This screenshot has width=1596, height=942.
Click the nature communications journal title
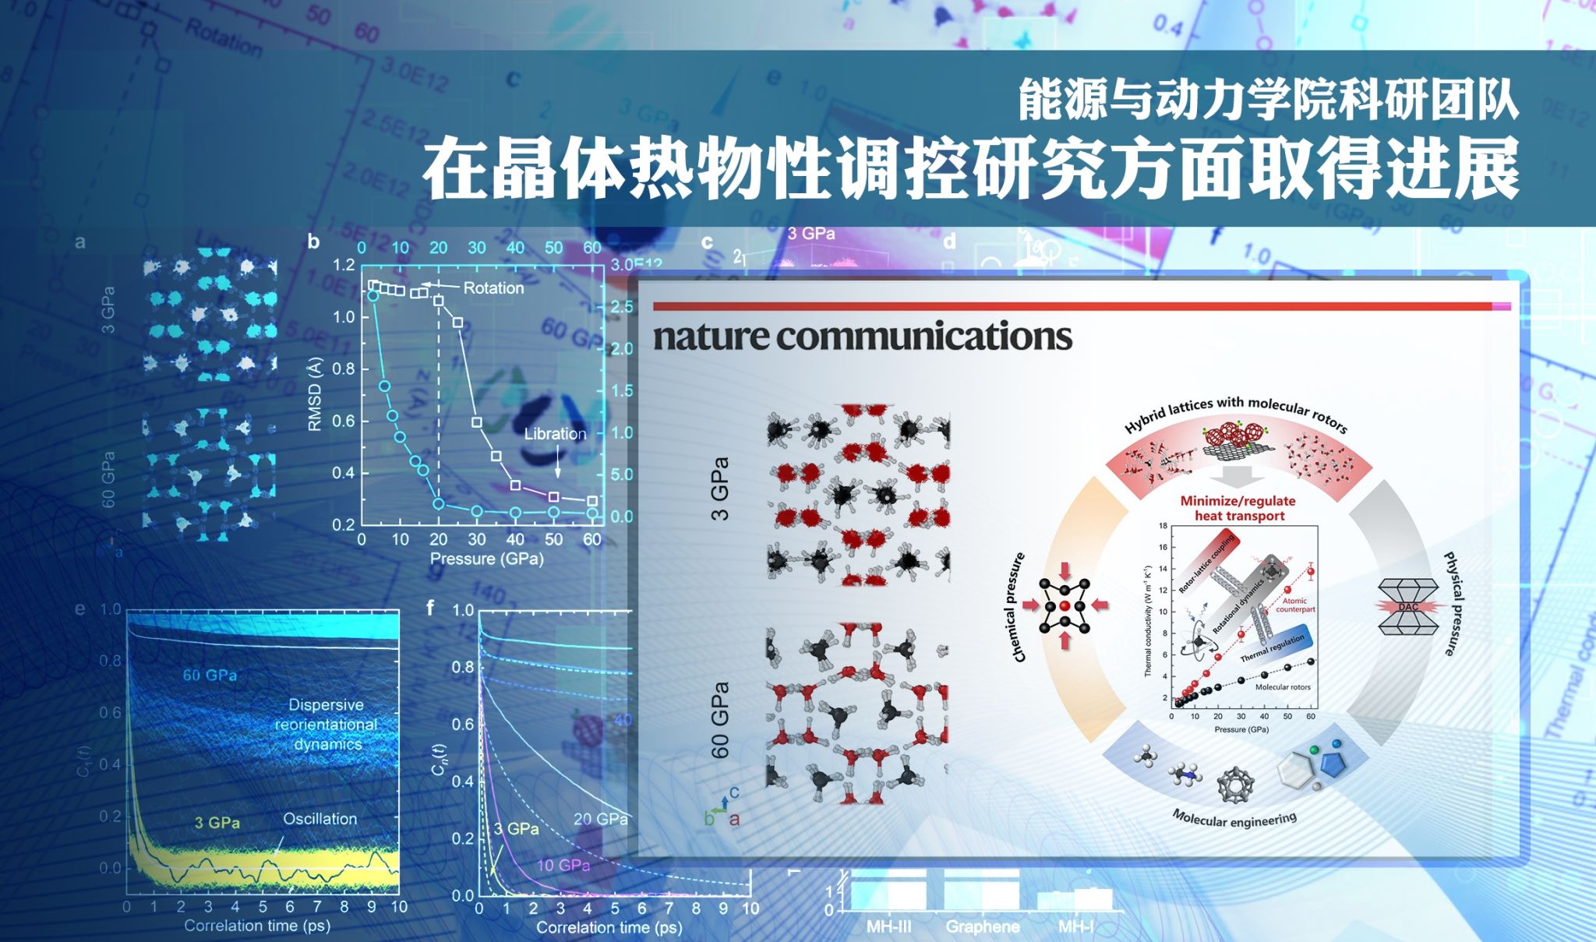[862, 337]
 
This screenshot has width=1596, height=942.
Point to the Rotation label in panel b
[493, 288]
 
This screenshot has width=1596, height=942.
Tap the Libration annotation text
[554, 434]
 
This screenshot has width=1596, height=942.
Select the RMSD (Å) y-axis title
[315, 394]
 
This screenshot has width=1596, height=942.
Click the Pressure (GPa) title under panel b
[486, 559]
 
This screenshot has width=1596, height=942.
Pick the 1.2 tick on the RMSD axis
[344, 266]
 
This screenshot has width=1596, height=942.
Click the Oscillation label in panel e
[320, 819]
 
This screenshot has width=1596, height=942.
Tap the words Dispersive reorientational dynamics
[326, 725]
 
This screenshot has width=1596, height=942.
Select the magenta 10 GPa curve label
[563, 865]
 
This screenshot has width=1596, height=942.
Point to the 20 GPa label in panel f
[600, 819]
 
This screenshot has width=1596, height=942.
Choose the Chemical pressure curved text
[1019, 608]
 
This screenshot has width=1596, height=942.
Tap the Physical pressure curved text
[1454, 604]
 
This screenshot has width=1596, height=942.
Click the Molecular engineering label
[1234, 818]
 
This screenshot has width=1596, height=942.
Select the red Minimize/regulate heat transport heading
[1238, 508]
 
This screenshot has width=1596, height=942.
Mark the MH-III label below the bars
[888, 927]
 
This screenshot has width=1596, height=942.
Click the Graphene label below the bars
[982, 927]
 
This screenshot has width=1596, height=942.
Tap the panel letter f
[430, 608]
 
